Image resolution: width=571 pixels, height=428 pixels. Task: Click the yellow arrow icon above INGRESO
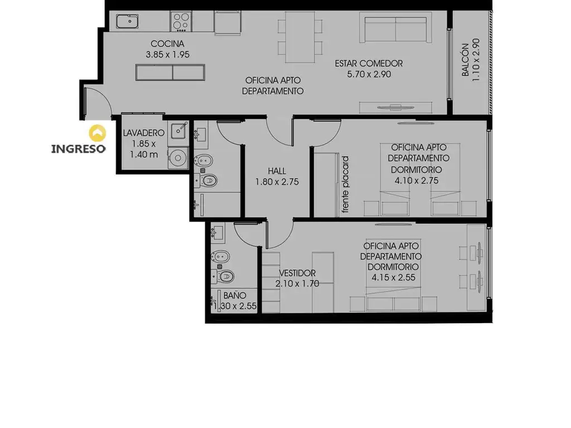98,133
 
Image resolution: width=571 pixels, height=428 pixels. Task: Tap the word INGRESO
78,149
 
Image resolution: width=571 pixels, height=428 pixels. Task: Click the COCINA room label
167,43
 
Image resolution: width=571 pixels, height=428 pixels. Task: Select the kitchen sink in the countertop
127,22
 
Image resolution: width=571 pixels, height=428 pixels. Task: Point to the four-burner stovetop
181,21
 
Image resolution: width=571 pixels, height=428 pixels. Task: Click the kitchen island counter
170,72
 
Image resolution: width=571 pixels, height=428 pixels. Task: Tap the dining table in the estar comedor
300,37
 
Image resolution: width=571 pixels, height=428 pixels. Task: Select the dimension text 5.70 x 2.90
369,74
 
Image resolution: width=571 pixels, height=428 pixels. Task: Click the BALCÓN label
465,60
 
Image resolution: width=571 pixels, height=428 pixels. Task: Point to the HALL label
277,171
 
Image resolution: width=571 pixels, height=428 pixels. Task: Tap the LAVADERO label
143,133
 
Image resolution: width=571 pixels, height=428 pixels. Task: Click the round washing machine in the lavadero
178,158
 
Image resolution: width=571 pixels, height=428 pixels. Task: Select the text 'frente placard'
345,184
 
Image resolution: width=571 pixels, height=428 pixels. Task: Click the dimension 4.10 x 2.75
417,181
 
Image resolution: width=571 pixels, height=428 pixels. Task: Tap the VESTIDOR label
298,273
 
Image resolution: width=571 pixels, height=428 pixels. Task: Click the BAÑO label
235,295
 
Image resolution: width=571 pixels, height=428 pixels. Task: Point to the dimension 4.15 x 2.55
393,278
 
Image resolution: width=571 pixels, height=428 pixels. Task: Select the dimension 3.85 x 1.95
167,55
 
